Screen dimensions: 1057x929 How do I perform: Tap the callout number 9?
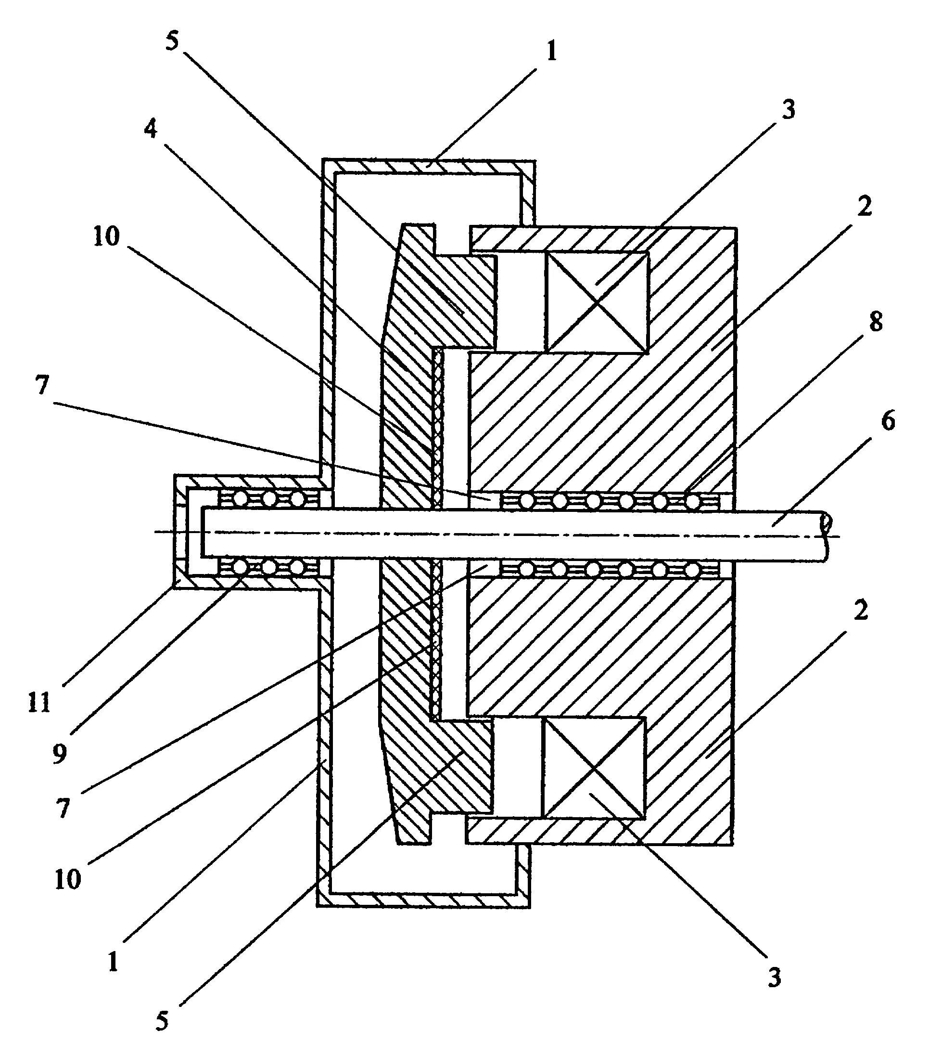coord(60,755)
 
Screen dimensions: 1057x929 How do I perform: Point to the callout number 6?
coord(888,421)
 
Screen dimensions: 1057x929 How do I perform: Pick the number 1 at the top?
coord(552,52)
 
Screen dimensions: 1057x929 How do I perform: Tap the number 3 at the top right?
coord(788,110)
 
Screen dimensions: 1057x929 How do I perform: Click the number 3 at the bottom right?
coord(774,976)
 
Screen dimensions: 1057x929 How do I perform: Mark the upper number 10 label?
coord(106,236)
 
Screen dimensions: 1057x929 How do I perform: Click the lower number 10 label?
coord(68,879)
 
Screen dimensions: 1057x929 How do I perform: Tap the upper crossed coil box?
coord(596,302)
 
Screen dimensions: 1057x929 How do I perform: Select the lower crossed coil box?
coord(593,768)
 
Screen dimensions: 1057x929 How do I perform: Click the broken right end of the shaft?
coord(826,535)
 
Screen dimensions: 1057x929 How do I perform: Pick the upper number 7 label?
coord(42,385)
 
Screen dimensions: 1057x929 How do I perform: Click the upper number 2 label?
coord(864,206)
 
